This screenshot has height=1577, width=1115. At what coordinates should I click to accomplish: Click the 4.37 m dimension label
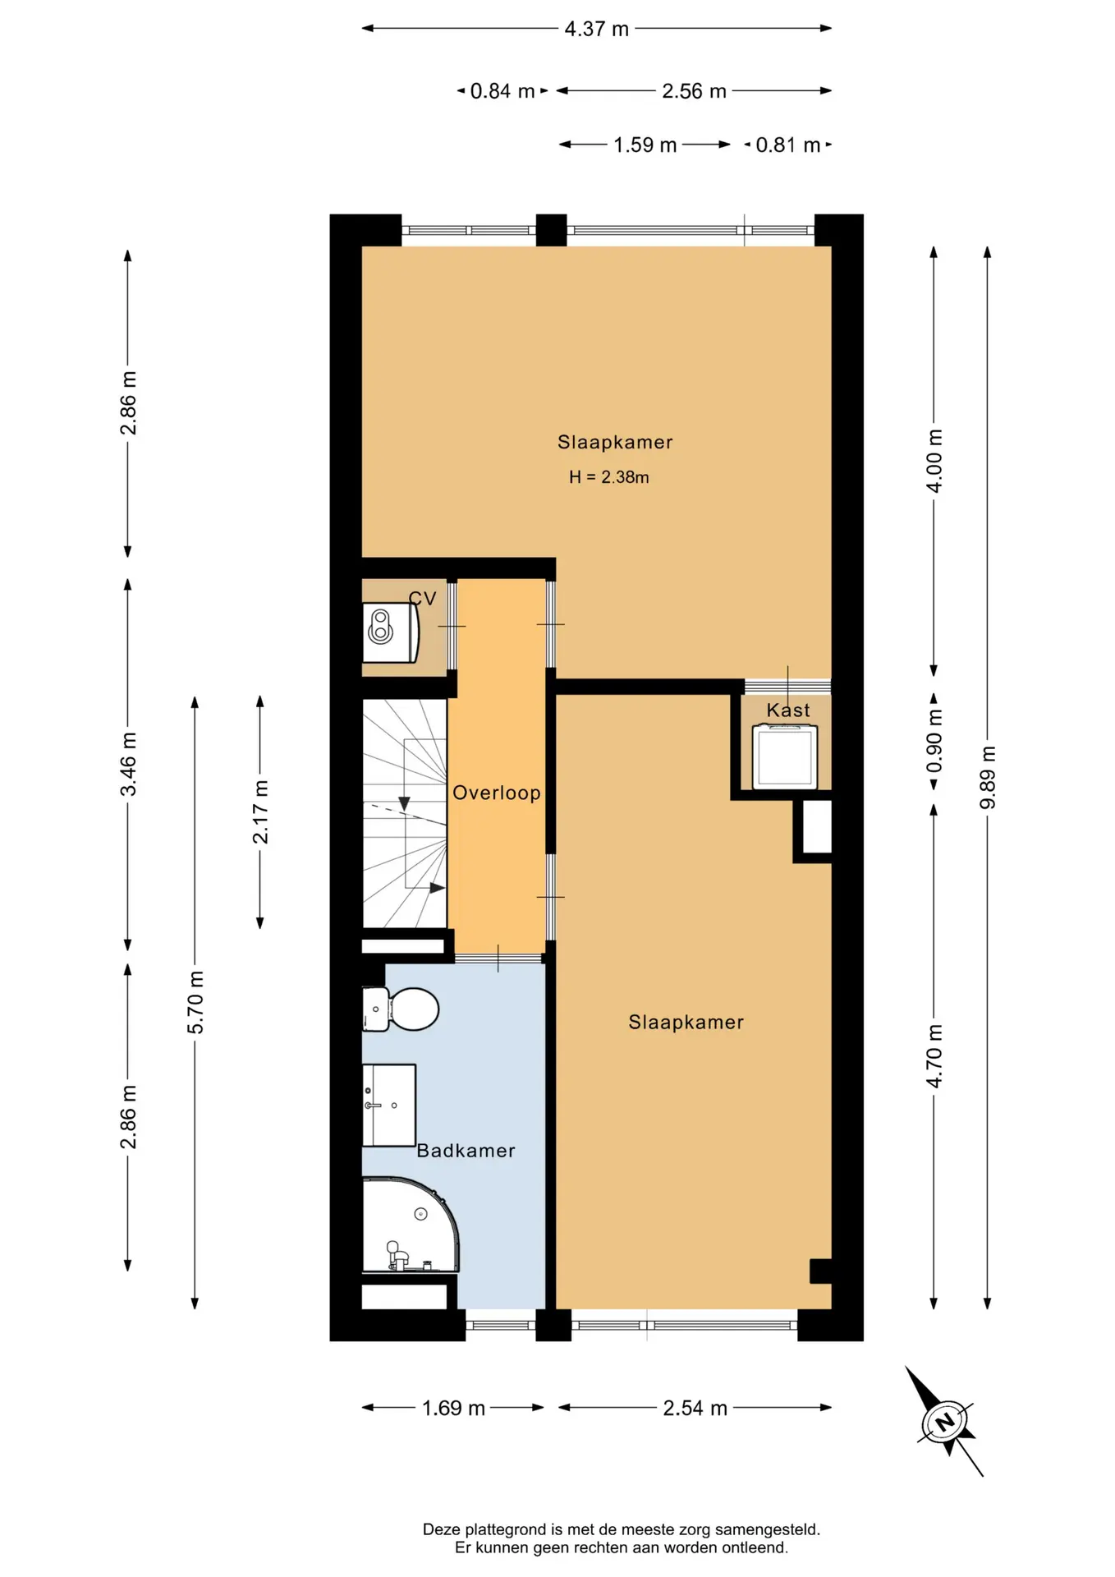pyautogui.click(x=596, y=29)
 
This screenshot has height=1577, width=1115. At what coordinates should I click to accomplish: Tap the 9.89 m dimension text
pyautogui.click(x=988, y=777)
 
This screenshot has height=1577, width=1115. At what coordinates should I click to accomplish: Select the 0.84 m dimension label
pyautogui.click(x=502, y=91)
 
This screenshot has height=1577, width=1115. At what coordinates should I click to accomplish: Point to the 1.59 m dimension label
pyautogui.click(x=645, y=145)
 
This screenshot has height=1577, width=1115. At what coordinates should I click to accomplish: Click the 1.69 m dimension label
pyautogui.click(x=453, y=1408)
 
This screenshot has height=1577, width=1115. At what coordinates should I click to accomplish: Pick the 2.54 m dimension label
pyautogui.click(x=695, y=1408)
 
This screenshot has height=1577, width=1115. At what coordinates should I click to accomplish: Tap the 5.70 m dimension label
pyautogui.click(x=195, y=1002)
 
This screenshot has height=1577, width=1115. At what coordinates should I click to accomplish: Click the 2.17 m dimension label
pyautogui.click(x=260, y=812)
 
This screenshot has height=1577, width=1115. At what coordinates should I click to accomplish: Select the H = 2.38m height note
pyautogui.click(x=608, y=477)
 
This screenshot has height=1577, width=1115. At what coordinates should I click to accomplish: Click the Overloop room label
pyautogui.click(x=497, y=793)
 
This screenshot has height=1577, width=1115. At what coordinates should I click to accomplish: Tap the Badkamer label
pyautogui.click(x=466, y=1151)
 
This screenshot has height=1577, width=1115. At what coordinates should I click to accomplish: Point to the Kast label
pyautogui.click(x=788, y=710)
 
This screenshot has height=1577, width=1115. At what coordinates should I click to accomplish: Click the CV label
pyautogui.click(x=423, y=599)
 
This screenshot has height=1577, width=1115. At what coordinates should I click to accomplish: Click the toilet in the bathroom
pyautogui.click(x=401, y=1009)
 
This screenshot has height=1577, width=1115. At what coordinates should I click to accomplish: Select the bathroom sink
pyautogui.click(x=389, y=1106)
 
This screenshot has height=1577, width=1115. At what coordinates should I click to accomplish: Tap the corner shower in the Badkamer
pyautogui.click(x=411, y=1225)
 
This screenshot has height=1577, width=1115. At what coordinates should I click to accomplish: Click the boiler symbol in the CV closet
pyautogui.click(x=391, y=632)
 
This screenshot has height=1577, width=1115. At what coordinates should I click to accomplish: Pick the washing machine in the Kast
pyautogui.click(x=786, y=756)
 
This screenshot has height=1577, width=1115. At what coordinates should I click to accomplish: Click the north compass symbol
pyautogui.click(x=945, y=1421)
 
